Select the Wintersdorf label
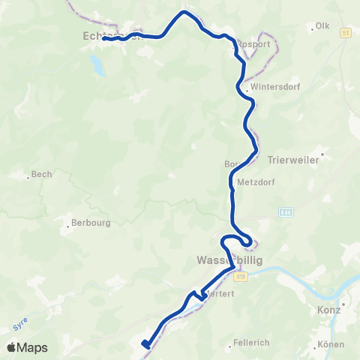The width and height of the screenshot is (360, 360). click(x=268, y=86)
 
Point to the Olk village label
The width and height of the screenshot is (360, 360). click(x=322, y=25)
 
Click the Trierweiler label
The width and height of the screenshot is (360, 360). click(x=294, y=160)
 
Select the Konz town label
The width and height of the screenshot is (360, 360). click(x=330, y=308)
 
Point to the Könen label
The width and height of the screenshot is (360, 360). click(x=330, y=344)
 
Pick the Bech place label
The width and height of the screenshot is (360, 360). click(x=41, y=175)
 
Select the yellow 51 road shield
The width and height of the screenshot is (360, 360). click(x=345, y=33)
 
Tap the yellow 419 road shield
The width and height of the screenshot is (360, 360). click(x=238, y=277)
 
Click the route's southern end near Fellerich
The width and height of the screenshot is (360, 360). click(x=145, y=345)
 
